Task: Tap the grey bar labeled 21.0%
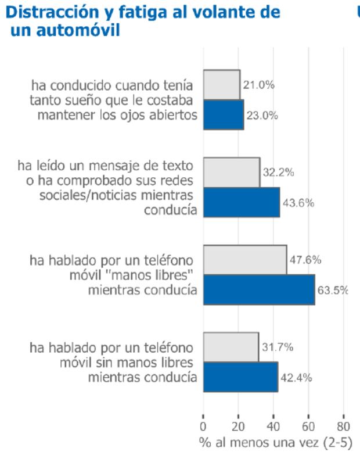(221, 85)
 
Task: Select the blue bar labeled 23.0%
(223, 115)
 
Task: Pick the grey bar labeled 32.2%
(231, 173)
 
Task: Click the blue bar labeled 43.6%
(241, 202)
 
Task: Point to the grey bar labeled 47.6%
(244, 260)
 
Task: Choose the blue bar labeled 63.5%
(258, 289)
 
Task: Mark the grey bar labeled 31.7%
(231, 348)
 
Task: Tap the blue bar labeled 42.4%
(240, 377)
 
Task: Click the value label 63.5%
(332, 290)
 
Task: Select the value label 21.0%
(258, 85)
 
